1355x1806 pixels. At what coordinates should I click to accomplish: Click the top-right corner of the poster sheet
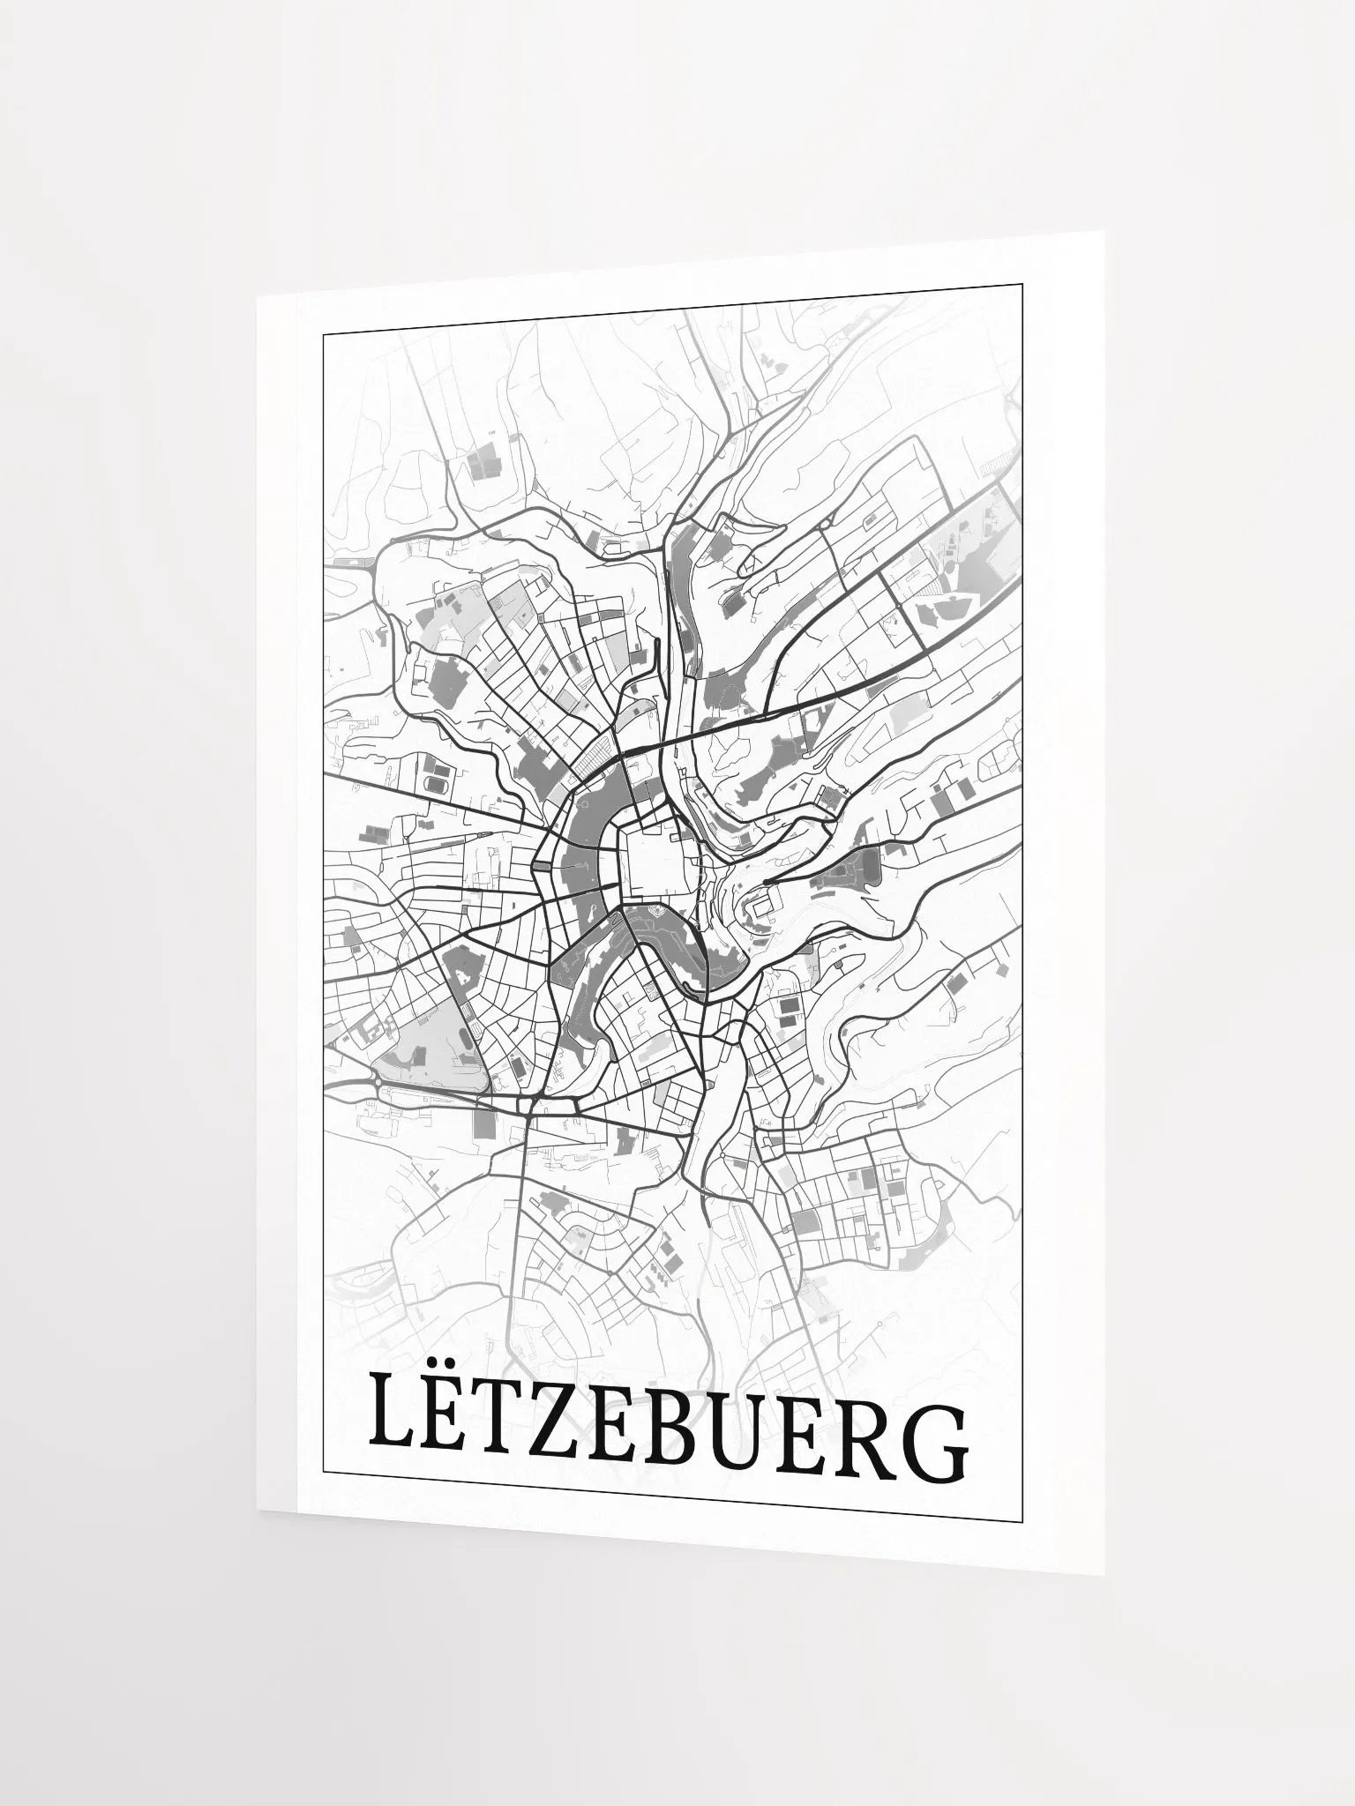(1104, 232)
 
